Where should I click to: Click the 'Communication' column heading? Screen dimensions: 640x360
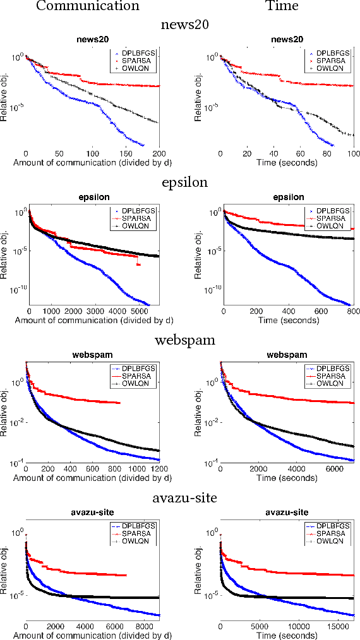click(87, 6)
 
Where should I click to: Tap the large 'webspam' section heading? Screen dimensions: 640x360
click(185, 340)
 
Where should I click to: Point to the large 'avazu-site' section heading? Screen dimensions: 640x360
click(185, 498)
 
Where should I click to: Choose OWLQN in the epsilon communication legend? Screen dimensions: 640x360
click(140, 226)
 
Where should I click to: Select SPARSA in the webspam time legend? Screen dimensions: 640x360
click(334, 376)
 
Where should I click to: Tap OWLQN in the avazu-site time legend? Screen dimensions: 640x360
click(334, 541)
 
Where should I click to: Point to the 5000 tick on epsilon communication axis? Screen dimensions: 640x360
click(138, 311)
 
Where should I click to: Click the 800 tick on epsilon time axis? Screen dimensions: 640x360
click(352, 311)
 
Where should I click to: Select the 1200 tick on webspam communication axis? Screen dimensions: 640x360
click(157, 469)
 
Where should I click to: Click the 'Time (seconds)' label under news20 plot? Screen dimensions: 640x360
click(287, 162)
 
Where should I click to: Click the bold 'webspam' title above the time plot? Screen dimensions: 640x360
click(287, 355)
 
